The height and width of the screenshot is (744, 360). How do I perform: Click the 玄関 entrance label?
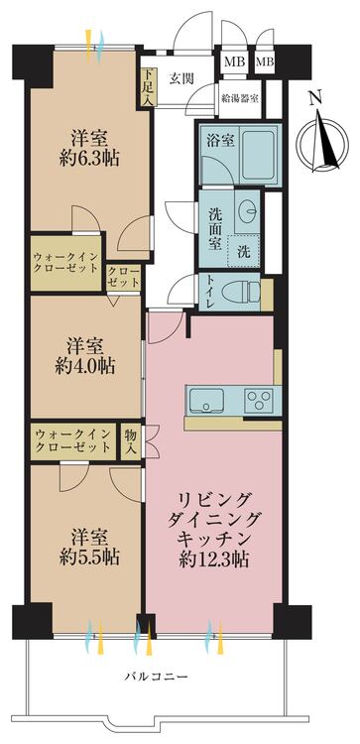click(x=180, y=78)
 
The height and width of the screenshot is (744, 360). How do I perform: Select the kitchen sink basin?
click(x=205, y=401)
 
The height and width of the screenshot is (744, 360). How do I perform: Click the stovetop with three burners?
click(x=261, y=401)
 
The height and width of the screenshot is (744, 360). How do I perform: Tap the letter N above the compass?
click(x=315, y=97)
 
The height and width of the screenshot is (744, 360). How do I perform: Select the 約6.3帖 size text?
click(x=88, y=158)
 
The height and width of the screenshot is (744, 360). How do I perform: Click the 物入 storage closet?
click(x=130, y=439)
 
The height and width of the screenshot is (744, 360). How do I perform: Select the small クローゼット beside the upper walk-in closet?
click(x=122, y=277)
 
